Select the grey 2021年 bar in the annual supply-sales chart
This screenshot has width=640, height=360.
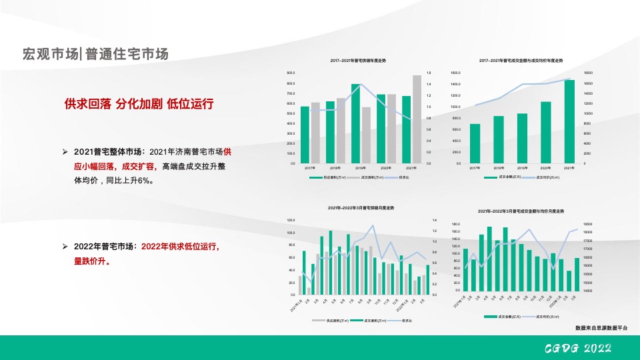417,119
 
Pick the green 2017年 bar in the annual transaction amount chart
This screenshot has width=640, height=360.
475,143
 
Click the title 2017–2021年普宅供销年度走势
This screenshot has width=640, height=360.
358,61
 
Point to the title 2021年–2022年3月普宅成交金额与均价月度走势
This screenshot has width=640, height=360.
521,211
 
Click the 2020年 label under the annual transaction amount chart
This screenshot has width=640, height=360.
545,168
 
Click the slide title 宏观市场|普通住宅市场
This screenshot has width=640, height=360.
95,54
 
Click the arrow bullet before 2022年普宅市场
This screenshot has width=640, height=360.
65,247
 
